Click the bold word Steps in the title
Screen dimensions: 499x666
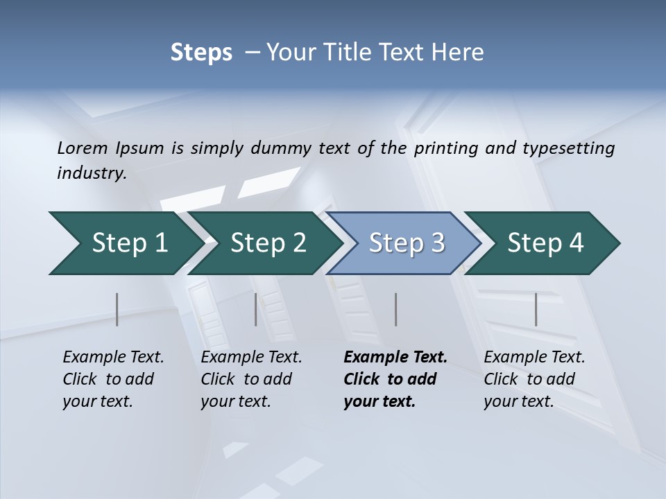(x=201, y=53)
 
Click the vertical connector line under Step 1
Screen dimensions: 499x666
(x=117, y=309)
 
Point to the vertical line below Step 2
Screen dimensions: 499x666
(x=256, y=309)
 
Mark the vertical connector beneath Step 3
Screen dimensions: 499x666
(x=395, y=309)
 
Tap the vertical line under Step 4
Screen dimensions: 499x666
(x=536, y=309)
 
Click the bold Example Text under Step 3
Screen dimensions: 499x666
(x=395, y=358)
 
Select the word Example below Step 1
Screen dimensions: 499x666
(x=90, y=358)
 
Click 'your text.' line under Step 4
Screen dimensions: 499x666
(x=518, y=401)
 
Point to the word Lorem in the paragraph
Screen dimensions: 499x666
(x=83, y=148)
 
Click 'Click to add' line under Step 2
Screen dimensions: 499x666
(x=246, y=379)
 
